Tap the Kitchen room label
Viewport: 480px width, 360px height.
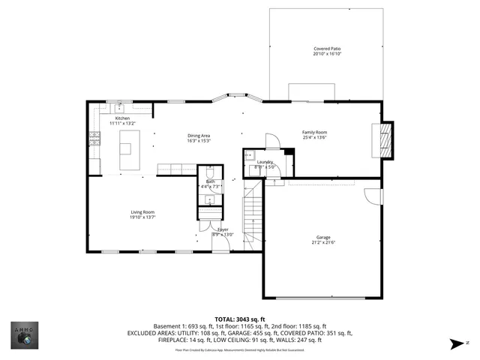point(122,118)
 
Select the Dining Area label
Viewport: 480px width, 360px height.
point(199,136)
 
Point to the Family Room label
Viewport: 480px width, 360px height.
point(315,132)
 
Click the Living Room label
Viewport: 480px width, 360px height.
point(142,212)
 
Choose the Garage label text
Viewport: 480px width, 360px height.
point(323,237)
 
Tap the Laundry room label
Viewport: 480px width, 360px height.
point(264,162)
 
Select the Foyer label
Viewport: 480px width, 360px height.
point(223,229)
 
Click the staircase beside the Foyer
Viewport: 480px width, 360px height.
point(253,217)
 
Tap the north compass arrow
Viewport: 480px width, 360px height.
point(454,344)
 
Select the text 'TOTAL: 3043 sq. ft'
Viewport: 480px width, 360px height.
point(240,319)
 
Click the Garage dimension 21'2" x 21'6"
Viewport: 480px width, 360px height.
point(323,242)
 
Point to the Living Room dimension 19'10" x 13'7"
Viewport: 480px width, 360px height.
point(142,217)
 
